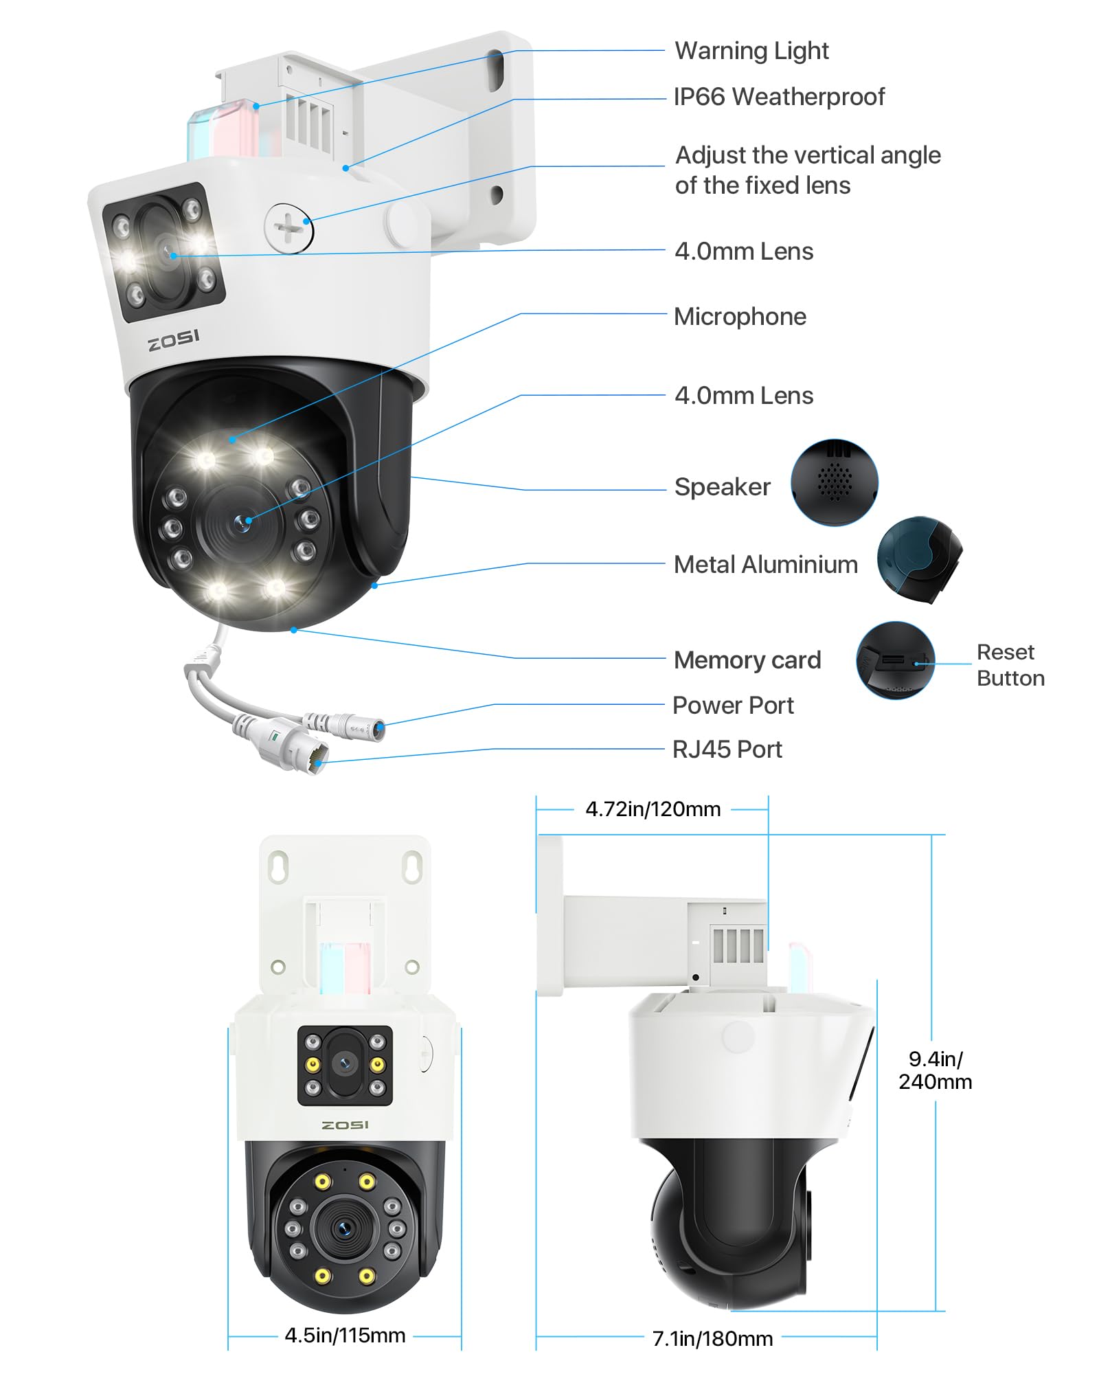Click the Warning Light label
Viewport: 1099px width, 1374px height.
tap(751, 51)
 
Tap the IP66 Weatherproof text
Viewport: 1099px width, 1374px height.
tap(778, 97)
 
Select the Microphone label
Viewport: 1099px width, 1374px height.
tap(740, 317)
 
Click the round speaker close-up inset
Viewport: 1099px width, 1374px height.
tap(834, 483)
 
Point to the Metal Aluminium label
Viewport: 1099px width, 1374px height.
tap(765, 565)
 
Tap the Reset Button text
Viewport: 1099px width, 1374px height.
tap(1010, 665)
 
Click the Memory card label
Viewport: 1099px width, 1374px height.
tap(747, 660)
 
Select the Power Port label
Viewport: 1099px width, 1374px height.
tap(732, 706)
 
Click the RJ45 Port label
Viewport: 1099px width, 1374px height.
tap(727, 750)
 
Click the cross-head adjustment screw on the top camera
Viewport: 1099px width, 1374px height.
tap(288, 227)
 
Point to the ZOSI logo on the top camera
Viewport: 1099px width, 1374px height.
tap(174, 339)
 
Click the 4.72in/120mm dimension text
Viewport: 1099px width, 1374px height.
tap(653, 809)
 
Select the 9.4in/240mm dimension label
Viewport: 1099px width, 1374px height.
tap(935, 1070)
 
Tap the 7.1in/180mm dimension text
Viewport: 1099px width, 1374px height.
tap(712, 1338)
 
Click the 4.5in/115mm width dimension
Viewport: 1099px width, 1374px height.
tap(345, 1336)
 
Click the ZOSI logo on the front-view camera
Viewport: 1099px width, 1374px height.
tap(345, 1125)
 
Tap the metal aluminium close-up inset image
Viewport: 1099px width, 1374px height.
tap(919, 560)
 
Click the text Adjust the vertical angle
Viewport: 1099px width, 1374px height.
tap(807, 156)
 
